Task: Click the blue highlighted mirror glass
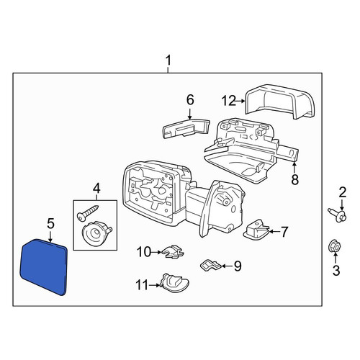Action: (43, 266)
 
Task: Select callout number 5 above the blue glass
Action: (50, 223)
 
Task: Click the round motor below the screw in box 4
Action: (96, 233)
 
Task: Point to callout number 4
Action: (96, 189)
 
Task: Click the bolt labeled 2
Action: (338, 215)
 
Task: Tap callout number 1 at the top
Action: (168, 60)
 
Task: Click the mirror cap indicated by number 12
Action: (280, 102)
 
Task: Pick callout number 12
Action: (228, 101)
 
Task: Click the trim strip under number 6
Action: (186, 129)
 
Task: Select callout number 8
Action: (294, 179)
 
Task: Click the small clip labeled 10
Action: (173, 252)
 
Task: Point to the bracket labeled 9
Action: (211, 265)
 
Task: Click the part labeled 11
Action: (175, 283)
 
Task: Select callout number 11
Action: (143, 285)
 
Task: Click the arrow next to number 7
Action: (275, 232)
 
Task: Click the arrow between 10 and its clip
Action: (157, 252)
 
